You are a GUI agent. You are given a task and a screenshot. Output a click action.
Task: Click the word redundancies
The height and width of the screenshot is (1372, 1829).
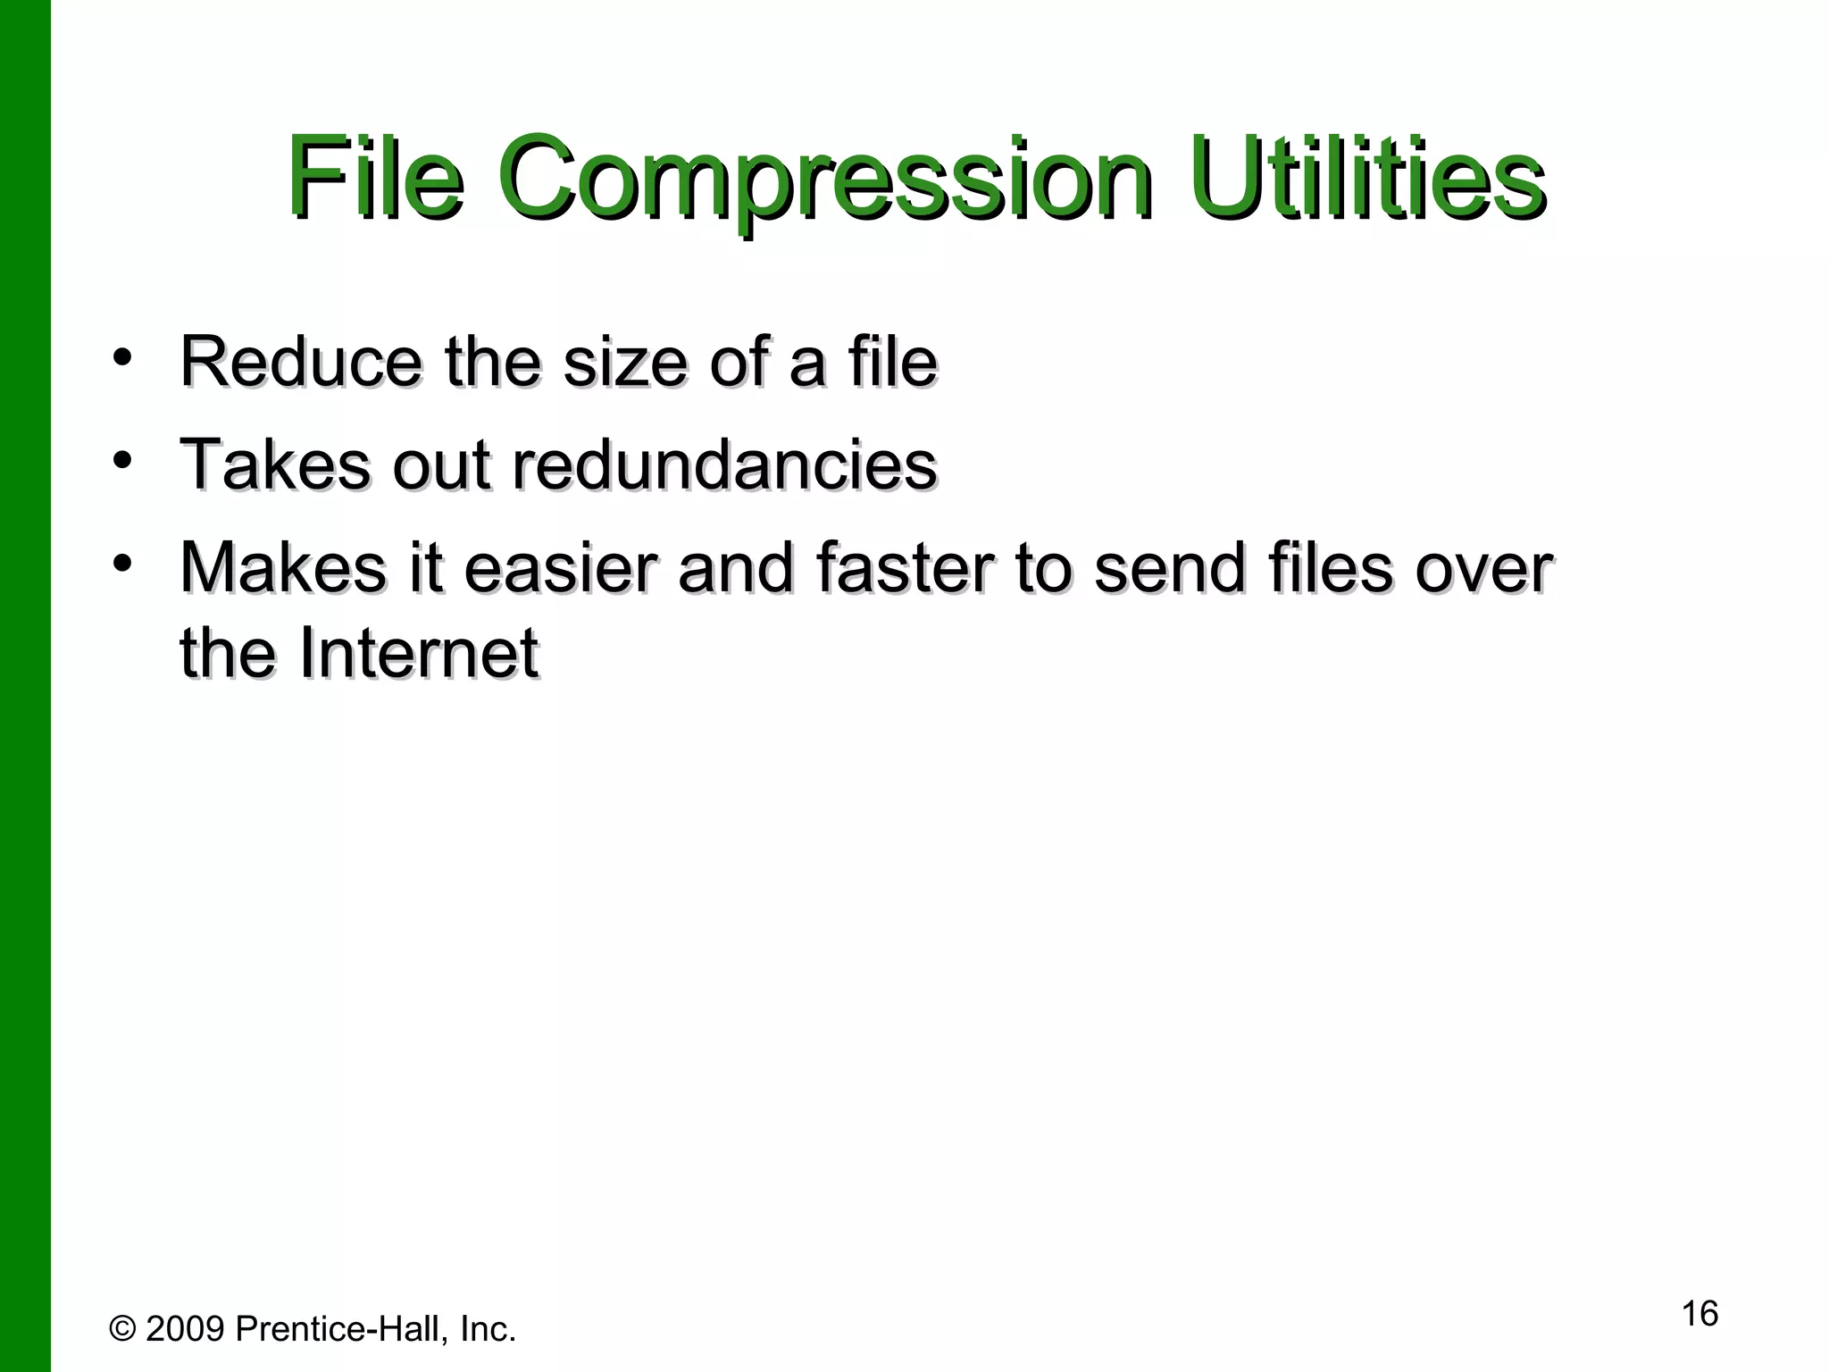724,464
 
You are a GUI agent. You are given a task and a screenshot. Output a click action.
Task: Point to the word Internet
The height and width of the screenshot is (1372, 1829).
419,653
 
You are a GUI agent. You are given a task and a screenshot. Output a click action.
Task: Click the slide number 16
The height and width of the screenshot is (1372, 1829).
1700,1314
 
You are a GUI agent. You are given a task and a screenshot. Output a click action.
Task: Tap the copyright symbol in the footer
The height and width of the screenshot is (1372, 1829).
122,1329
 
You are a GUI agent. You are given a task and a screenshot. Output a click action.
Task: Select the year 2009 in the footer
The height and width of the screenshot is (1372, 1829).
185,1329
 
